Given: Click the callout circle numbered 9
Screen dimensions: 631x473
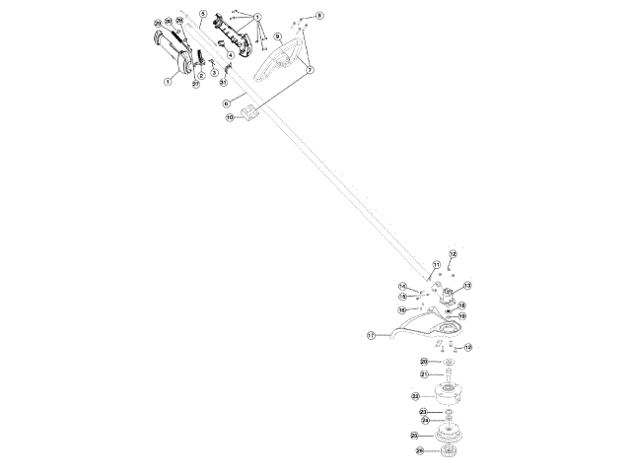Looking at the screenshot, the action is [x=278, y=36].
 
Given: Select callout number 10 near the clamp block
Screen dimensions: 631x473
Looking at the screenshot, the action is [x=230, y=118].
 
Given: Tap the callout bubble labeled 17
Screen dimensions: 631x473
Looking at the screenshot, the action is [x=372, y=335].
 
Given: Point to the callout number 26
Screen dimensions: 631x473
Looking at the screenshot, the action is [x=419, y=451].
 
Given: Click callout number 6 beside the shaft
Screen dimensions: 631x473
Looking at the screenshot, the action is [x=227, y=102].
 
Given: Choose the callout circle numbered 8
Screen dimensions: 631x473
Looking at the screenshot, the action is [x=319, y=17].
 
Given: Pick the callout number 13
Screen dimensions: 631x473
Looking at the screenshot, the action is [x=467, y=286].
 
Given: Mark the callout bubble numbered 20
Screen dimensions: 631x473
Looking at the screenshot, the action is [x=424, y=363].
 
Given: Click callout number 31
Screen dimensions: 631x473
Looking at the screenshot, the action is [x=223, y=83].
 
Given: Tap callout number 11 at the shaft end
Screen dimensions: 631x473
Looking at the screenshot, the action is [x=436, y=265].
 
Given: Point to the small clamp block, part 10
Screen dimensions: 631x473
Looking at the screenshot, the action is [x=250, y=110].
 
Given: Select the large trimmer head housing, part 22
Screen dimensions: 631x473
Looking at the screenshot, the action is [x=450, y=394].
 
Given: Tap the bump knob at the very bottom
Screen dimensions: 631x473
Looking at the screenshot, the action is [x=452, y=452].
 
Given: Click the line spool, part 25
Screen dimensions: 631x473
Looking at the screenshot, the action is [x=450, y=434].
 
